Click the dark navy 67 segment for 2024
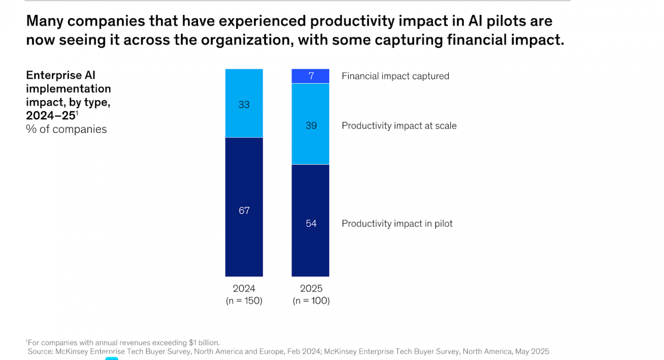[x=244, y=207]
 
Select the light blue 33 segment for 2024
[x=244, y=103]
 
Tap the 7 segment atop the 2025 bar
[x=310, y=76]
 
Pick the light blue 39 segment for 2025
[x=310, y=124]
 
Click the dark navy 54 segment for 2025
[x=310, y=220]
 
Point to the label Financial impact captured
[x=395, y=76]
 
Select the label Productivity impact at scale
[x=399, y=126]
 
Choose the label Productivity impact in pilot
[x=397, y=223]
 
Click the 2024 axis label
[x=244, y=289]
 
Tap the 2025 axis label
[x=311, y=289]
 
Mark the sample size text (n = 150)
[x=244, y=301]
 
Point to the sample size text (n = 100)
[x=311, y=301]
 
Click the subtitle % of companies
[x=66, y=129]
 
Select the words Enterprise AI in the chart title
[x=61, y=75]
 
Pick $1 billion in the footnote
[x=203, y=343]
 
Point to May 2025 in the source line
[x=532, y=351]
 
